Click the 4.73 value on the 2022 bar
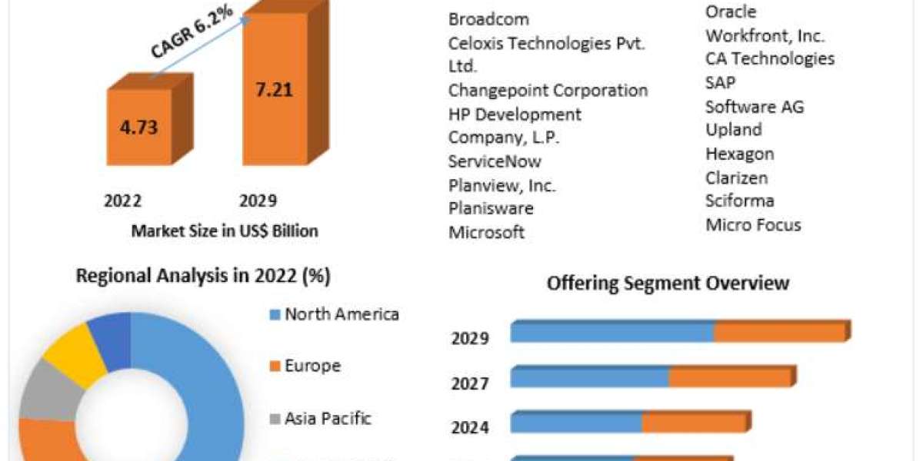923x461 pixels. coord(139,127)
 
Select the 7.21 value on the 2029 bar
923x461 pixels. coord(274,89)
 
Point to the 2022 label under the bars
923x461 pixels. coord(123,201)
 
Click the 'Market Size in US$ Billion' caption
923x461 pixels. coord(225,230)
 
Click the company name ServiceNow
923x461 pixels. coord(495,161)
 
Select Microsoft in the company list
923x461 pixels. coord(486,232)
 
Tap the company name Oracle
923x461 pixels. coord(730,12)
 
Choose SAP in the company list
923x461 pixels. coord(720,82)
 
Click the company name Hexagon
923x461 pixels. coord(739,154)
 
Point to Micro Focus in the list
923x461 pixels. coord(753,224)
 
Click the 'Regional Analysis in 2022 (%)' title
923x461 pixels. coord(203,277)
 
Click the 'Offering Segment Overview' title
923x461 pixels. coord(668,283)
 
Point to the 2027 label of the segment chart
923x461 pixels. coord(470,383)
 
